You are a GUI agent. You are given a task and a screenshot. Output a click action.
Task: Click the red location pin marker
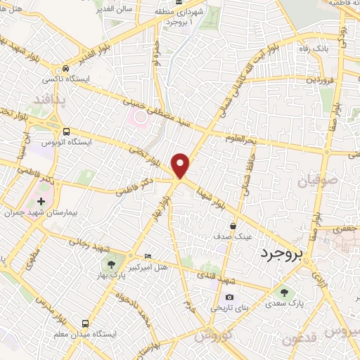click(181, 165)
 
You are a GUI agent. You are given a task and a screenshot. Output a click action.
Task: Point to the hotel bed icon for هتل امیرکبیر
click(147, 255)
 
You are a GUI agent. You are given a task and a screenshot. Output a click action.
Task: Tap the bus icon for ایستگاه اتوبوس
click(66, 131)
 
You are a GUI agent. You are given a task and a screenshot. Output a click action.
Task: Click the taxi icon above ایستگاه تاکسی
click(65, 69)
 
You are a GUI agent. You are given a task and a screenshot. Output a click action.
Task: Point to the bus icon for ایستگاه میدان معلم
click(85, 323)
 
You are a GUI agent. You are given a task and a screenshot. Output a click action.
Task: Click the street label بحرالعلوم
click(240, 139)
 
